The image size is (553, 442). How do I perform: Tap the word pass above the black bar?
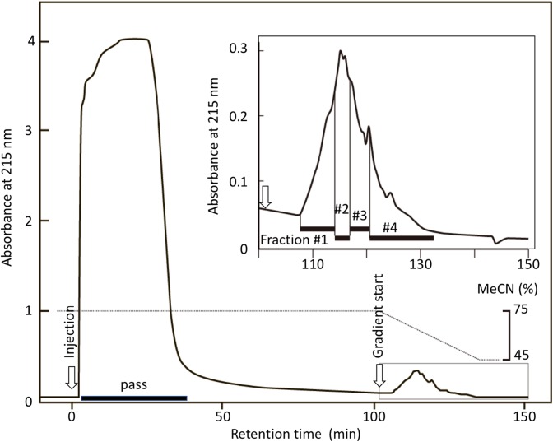tap(132, 384)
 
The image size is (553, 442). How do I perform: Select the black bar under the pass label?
tap(134, 398)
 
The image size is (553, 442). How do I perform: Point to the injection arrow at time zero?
tap(72, 378)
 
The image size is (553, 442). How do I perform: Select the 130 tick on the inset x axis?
tap(420, 263)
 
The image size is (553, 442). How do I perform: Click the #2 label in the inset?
tap(342, 209)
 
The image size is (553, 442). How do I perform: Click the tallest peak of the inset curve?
tap(340, 51)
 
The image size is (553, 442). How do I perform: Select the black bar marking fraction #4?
tap(402, 238)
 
